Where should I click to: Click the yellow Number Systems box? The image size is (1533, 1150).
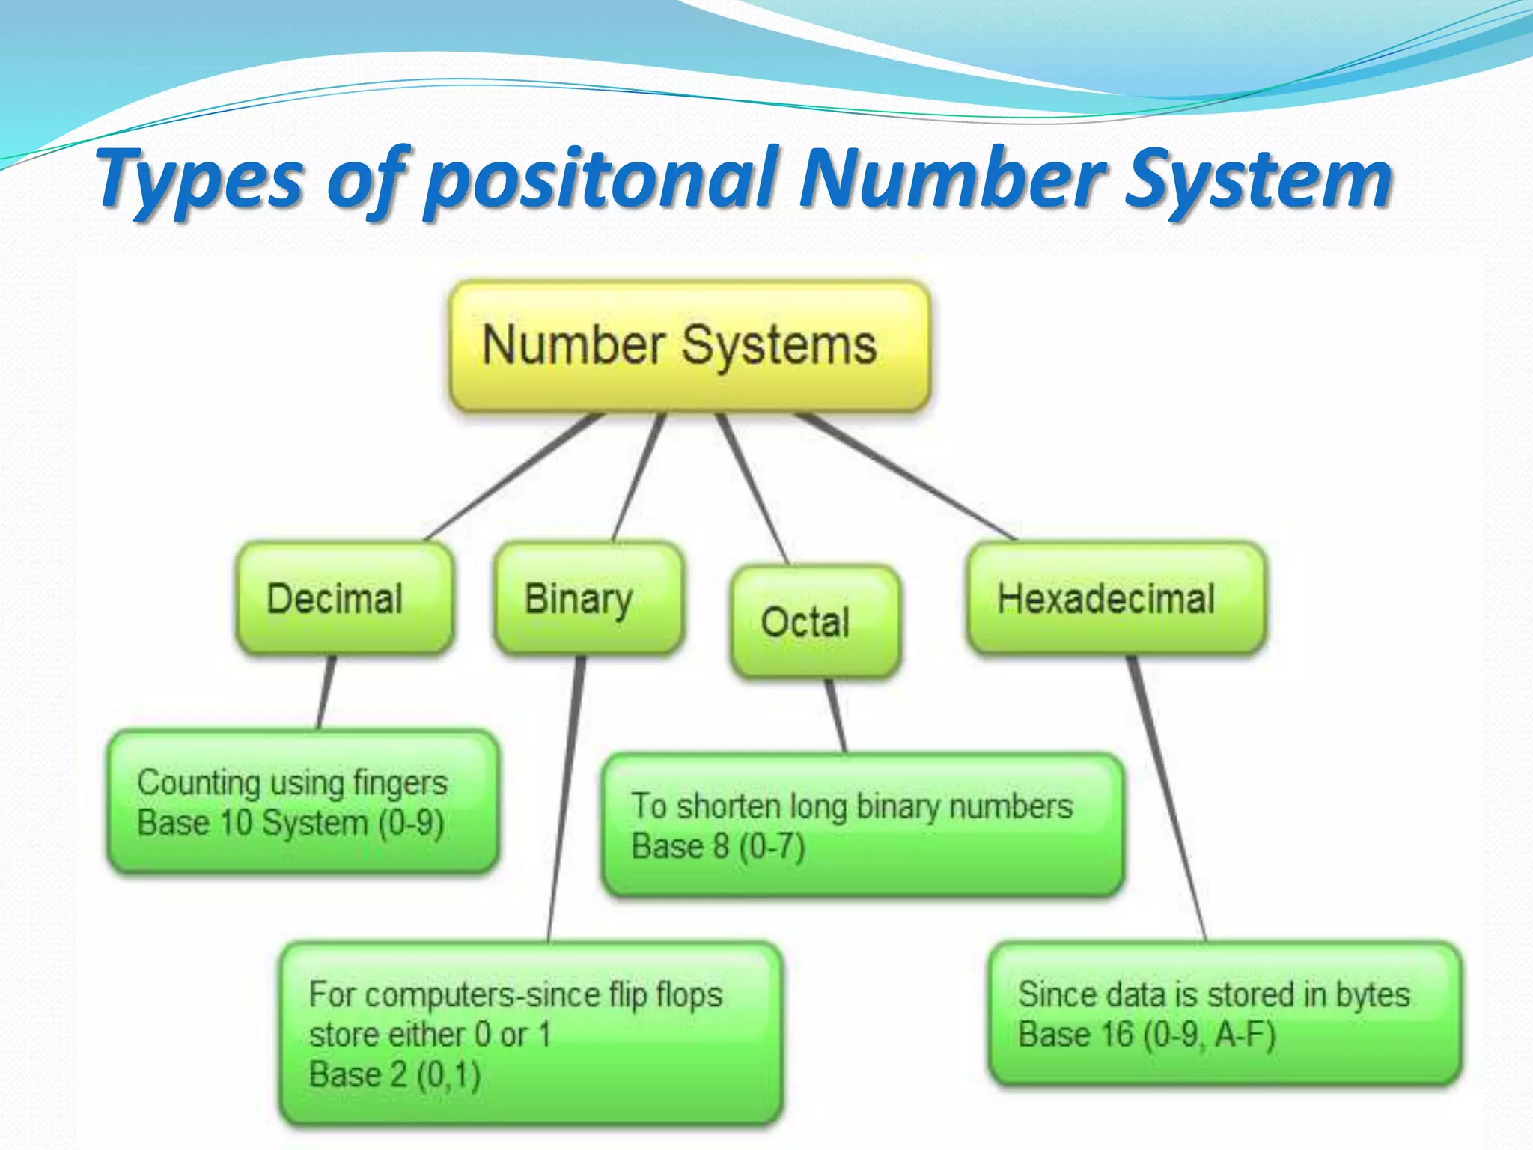[689, 346]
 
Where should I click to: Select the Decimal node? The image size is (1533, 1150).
[344, 599]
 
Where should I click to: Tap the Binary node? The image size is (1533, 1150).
[588, 599]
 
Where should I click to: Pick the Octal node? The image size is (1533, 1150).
[815, 622]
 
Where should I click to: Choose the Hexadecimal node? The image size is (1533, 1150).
[1116, 599]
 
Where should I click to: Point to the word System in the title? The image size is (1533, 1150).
[1258, 180]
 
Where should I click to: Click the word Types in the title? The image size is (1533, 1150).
[202, 180]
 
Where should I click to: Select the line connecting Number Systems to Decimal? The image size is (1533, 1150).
[513, 477]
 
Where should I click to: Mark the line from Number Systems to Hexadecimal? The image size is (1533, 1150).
[906, 477]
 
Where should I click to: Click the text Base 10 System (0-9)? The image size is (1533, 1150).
[290, 824]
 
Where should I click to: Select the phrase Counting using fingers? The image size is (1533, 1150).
[292, 783]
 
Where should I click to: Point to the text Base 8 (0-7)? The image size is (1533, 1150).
[718, 847]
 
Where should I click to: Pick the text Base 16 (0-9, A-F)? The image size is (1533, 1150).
[1146, 1035]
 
